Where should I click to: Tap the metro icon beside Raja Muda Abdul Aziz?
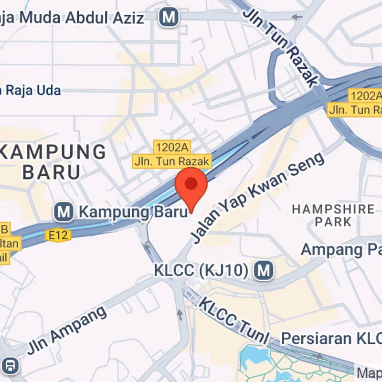(169, 18)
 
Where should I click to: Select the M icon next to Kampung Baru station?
(64, 211)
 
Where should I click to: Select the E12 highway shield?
(58, 234)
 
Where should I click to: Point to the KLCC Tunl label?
(234, 320)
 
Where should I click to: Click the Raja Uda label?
(32, 90)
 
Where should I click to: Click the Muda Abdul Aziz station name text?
(72, 18)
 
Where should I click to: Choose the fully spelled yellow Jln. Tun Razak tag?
(171, 161)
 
